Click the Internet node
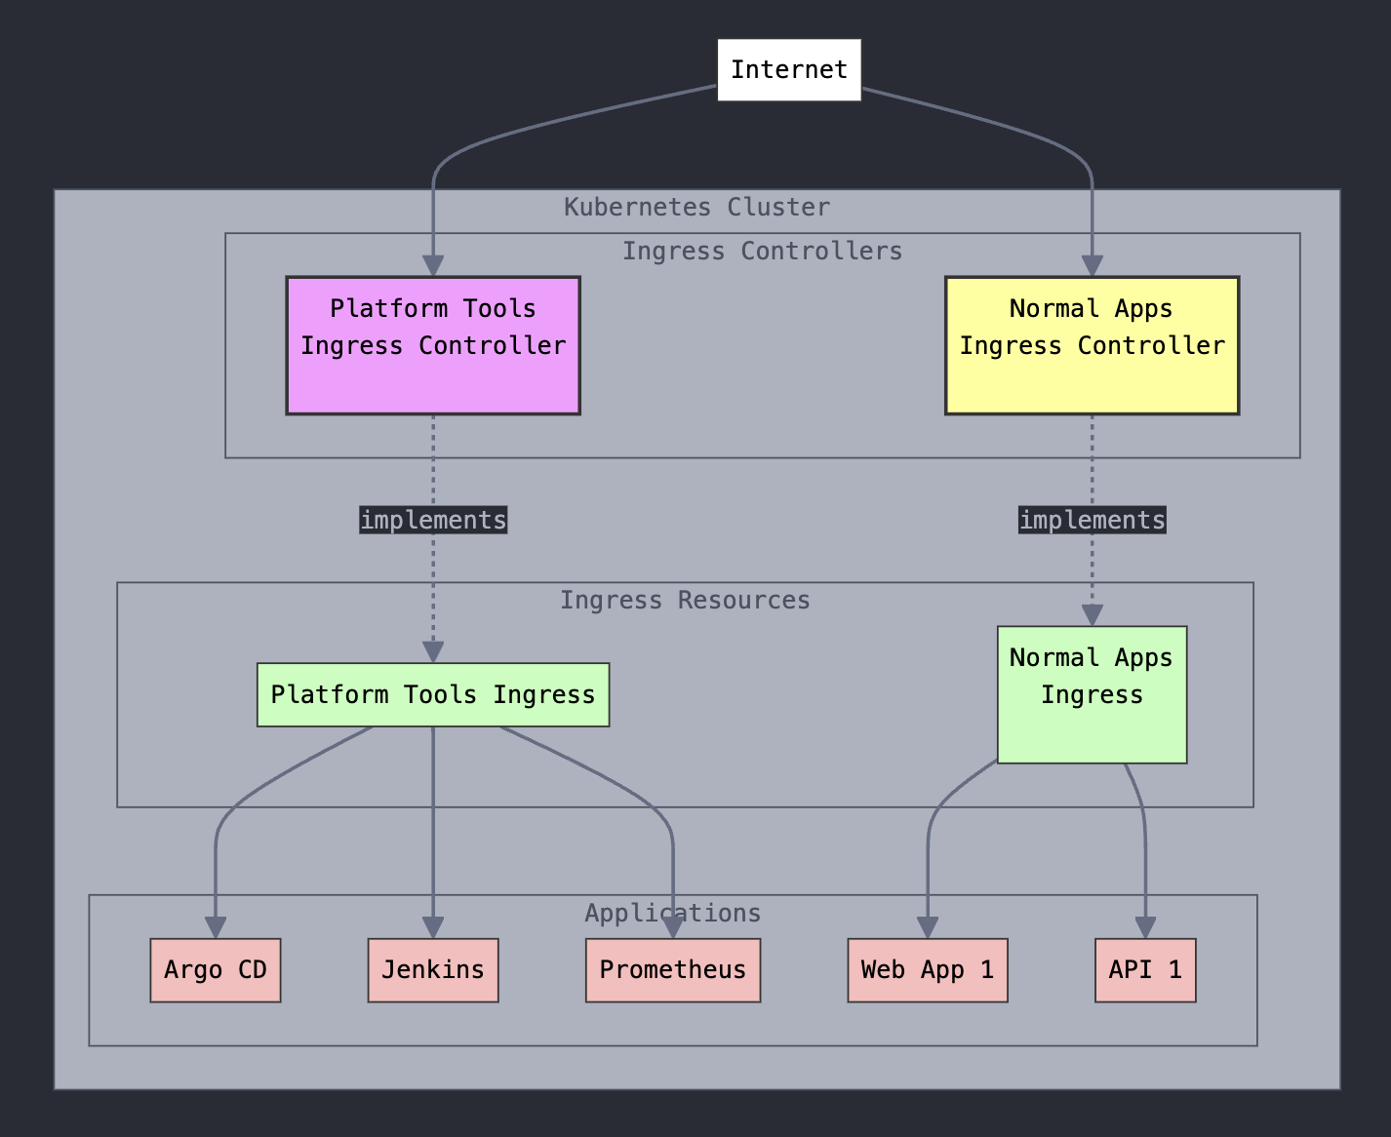788,69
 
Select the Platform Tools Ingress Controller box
433,345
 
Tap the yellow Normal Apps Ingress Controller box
1092,345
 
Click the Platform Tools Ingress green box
433,694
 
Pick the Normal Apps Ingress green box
1092,694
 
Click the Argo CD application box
216,970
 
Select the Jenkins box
433,970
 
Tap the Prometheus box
672,970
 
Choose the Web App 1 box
927,970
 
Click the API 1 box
1145,970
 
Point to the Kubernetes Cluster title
696,207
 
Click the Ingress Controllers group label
762,251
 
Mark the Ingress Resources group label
685,600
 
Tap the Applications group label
672,913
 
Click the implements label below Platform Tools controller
433,520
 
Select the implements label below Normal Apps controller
1092,520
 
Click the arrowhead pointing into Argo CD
216,927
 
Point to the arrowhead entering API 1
1145,927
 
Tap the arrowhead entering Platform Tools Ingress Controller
433,265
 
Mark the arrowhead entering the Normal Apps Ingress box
1092,614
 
